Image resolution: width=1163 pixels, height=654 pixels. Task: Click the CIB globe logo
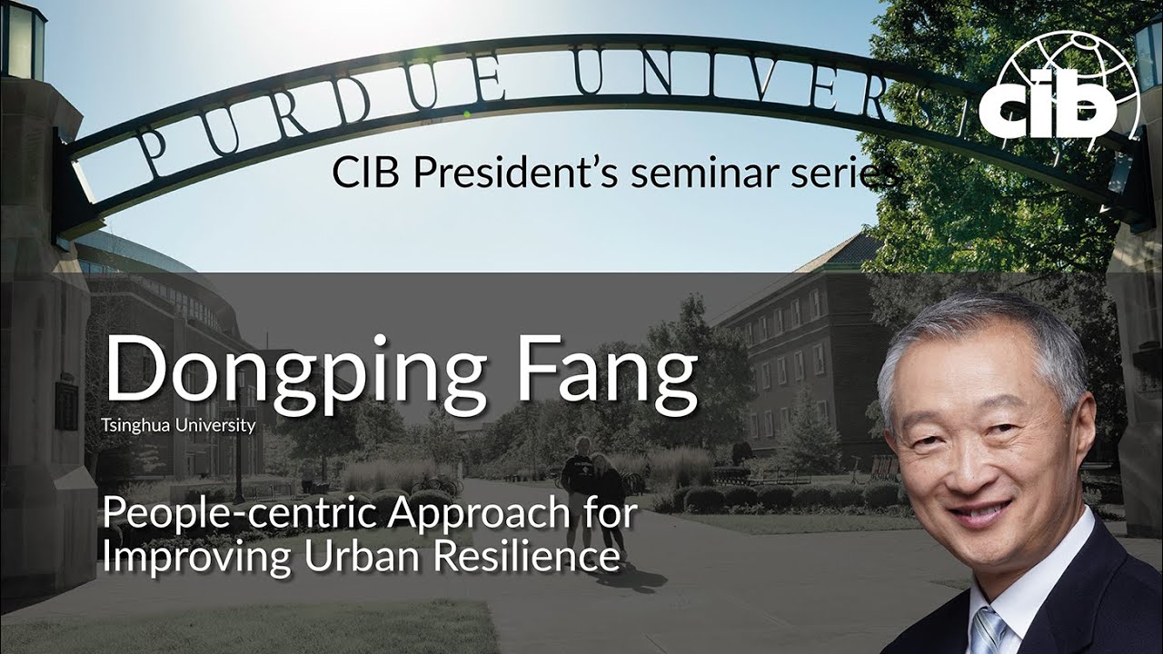(1059, 91)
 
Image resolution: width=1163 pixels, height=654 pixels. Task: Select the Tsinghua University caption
(180, 425)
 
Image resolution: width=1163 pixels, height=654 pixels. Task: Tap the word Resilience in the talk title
(522, 557)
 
